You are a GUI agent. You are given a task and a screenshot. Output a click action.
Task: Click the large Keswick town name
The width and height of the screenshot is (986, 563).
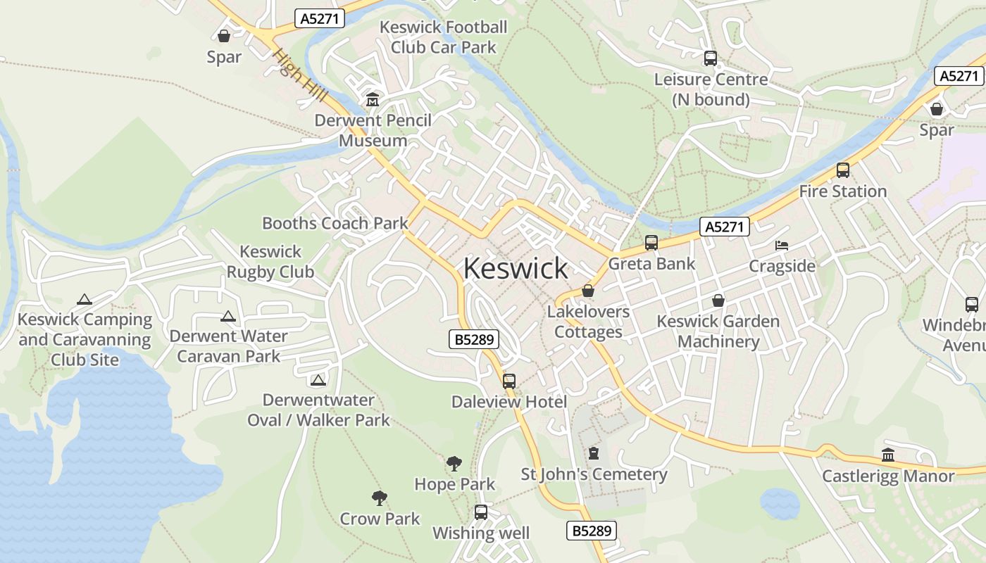coord(516,268)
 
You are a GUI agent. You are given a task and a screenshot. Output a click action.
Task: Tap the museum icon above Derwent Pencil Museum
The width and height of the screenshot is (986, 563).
coord(373,100)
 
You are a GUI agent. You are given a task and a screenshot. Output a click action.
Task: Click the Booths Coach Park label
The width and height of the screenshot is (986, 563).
coord(335,223)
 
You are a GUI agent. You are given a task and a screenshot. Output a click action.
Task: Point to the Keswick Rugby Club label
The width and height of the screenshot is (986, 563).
coord(270,261)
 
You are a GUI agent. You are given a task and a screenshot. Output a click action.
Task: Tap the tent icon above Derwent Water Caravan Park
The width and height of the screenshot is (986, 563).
coord(227,317)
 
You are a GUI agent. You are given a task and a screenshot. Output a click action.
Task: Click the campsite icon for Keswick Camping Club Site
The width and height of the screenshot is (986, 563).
coord(85,300)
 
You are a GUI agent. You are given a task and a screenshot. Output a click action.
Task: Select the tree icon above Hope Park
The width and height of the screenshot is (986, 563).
coord(454,464)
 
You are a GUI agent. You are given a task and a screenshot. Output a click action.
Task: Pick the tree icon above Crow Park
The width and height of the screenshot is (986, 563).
coord(380,498)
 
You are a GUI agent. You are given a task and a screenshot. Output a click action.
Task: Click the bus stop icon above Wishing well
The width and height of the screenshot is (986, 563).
coord(481,512)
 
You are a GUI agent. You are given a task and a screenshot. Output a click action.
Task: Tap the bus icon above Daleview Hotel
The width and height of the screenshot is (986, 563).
coord(509,381)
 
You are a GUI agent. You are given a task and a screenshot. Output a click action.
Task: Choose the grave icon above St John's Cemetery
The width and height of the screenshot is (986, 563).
coord(594,453)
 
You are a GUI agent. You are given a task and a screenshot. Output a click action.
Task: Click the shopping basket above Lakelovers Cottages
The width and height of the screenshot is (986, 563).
coord(588,291)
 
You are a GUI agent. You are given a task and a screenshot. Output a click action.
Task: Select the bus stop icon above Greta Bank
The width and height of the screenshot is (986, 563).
coord(651,243)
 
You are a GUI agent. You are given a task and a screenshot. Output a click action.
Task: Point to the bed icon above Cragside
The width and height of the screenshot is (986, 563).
coord(782,245)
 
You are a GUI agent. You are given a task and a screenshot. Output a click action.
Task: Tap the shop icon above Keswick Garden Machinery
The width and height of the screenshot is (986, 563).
coord(718,301)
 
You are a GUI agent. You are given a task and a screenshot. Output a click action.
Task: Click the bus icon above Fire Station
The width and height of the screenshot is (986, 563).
coord(843,170)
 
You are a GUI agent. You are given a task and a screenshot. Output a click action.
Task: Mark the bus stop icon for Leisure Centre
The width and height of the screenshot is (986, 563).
coord(711,58)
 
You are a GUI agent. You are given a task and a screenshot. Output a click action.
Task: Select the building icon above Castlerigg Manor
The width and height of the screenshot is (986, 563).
coord(888,455)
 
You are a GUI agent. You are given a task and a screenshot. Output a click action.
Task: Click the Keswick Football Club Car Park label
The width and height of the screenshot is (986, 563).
coord(444,37)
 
